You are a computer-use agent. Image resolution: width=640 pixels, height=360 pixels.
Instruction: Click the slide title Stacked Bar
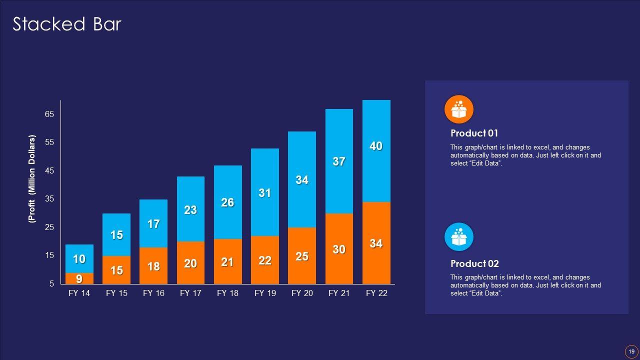point(67,24)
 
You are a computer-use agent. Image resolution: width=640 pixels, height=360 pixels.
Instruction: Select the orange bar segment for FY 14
point(79,278)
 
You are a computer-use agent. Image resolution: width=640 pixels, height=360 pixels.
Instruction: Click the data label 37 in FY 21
point(339,161)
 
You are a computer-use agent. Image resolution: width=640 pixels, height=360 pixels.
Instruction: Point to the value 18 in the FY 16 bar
point(153,266)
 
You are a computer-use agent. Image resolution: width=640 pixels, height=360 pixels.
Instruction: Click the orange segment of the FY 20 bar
point(302,256)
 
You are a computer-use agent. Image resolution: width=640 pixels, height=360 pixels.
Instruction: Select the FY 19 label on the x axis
point(265,293)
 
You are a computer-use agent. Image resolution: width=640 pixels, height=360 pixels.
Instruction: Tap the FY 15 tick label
point(116,293)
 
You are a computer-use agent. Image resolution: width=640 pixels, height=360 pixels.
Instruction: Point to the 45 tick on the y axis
point(49,170)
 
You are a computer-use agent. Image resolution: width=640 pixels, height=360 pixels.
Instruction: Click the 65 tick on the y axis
point(49,114)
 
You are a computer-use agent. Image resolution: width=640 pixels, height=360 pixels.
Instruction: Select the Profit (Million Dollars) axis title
point(32,178)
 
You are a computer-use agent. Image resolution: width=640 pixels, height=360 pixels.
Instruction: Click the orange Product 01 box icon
point(458,109)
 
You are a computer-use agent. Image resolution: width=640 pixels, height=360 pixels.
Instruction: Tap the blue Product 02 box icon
point(458,237)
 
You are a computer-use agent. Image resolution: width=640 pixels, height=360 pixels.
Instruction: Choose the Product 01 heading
point(474,133)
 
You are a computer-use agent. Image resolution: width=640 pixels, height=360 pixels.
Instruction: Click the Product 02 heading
point(474,264)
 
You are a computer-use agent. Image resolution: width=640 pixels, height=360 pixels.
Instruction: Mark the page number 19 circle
point(631,351)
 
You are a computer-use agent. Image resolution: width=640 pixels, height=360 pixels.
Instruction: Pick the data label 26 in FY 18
point(227,202)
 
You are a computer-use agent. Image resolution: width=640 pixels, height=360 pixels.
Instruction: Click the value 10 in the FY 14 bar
point(79,259)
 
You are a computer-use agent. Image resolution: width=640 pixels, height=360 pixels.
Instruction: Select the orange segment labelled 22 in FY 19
point(265,260)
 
